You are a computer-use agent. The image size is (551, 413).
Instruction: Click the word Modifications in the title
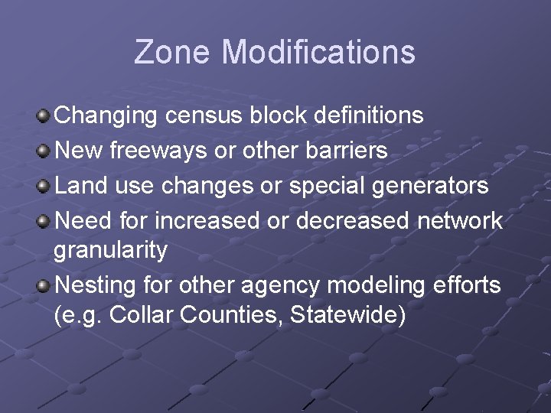point(318,52)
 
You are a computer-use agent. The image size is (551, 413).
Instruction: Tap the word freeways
point(158,151)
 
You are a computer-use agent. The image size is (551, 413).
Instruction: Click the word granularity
point(111,250)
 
